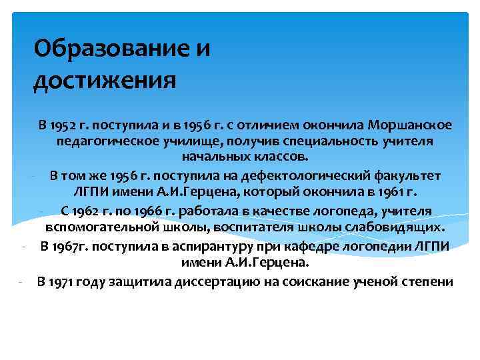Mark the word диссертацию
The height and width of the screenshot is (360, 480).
point(225,280)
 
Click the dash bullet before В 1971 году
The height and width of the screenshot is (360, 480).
point(23,280)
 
